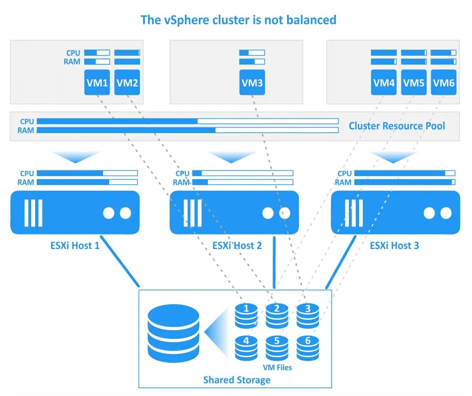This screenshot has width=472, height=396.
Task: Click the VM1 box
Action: (97, 82)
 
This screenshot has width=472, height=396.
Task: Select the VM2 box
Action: (127, 82)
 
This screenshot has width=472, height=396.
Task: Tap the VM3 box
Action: (252, 82)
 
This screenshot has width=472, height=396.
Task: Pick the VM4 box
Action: (384, 82)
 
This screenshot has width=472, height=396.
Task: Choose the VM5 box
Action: (414, 82)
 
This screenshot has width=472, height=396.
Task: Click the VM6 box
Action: (443, 82)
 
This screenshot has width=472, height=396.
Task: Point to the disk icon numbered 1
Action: (246, 316)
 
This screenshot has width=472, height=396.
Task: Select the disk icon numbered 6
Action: (308, 348)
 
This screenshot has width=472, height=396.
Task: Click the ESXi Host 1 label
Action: (75, 246)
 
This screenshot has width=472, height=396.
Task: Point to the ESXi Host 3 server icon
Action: (396, 213)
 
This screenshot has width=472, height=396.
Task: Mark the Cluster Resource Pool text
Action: (397, 126)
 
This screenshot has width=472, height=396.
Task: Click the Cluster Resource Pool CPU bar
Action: (188, 121)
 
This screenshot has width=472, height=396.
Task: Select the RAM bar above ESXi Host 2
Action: (243, 182)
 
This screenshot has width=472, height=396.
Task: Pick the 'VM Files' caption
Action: (278, 367)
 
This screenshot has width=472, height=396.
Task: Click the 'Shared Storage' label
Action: (237, 380)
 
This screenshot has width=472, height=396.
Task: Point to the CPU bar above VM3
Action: (252, 53)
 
